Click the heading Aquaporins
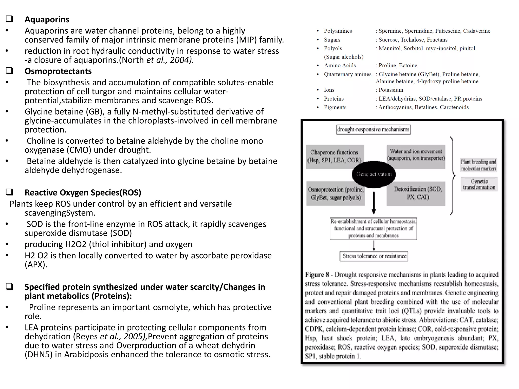(x=47, y=20)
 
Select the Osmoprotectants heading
(x=58, y=71)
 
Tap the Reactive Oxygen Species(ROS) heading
(x=83, y=192)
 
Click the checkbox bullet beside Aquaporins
(x=9, y=19)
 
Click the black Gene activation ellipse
(x=374, y=174)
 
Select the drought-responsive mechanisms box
(x=373, y=129)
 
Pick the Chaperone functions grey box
(x=335, y=157)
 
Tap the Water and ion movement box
(x=416, y=155)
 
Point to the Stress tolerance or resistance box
(x=374, y=256)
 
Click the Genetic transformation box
(x=479, y=184)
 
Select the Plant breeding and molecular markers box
(x=478, y=165)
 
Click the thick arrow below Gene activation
(x=374, y=203)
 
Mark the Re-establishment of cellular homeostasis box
(x=373, y=228)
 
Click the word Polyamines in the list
(x=338, y=31)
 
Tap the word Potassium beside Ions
(x=391, y=90)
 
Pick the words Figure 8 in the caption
(x=317, y=275)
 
